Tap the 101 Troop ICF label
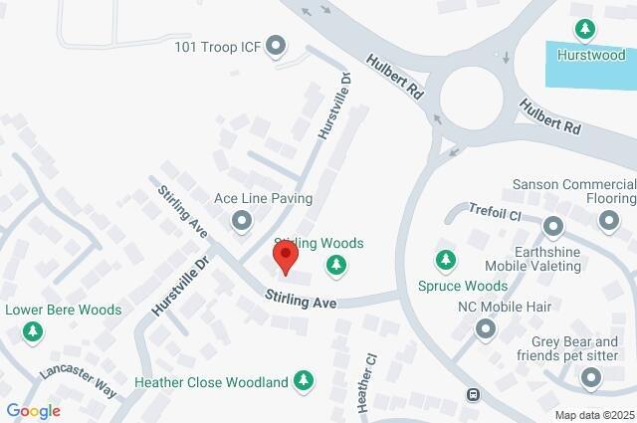pyautogui.click(x=216, y=46)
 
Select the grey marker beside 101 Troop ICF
pyautogui.click(x=277, y=46)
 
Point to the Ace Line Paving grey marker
pyautogui.click(x=241, y=220)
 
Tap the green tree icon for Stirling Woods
pyautogui.click(x=337, y=264)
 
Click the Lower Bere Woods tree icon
pyautogui.click(x=34, y=330)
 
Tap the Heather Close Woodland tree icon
pyautogui.click(x=304, y=381)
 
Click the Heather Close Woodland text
pyautogui.click(x=211, y=381)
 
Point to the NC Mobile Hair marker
pyautogui.click(x=486, y=327)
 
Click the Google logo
pyautogui.click(x=33, y=410)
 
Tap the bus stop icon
pyautogui.click(x=474, y=394)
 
